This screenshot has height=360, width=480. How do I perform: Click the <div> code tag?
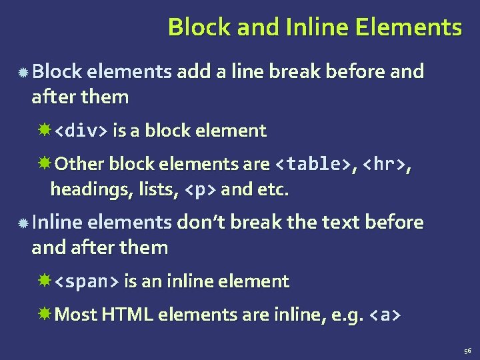click(x=79, y=131)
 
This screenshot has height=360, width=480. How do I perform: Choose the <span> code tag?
click(x=86, y=281)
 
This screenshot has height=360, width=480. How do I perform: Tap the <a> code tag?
click(x=385, y=315)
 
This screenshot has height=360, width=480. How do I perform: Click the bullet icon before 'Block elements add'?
click(x=23, y=72)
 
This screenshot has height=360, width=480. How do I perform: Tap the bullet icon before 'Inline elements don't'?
click(x=23, y=223)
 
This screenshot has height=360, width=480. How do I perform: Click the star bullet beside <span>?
click(x=45, y=281)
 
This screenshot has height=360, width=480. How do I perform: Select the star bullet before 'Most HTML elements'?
click(x=45, y=314)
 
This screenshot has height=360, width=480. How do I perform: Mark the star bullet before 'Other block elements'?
click(x=45, y=163)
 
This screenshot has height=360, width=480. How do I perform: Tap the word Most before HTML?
click(x=76, y=315)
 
